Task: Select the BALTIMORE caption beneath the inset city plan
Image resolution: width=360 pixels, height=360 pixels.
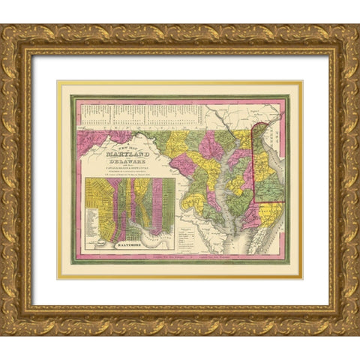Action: (130, 244)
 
